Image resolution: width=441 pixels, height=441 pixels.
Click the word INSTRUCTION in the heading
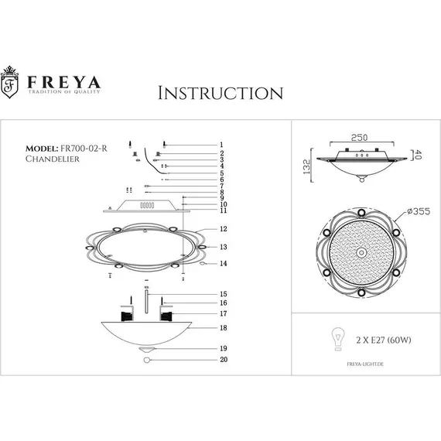point(220,94)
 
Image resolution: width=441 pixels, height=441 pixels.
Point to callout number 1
point(221,145)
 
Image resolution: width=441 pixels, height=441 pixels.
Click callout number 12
point(223,230)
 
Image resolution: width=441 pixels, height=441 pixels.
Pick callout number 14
point(223,264)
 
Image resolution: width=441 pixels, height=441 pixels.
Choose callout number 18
point(223,328)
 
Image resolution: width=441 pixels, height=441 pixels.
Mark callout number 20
point(223,360)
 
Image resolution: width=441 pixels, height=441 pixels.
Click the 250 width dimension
point(357,137)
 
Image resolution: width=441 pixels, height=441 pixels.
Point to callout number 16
point(223,304)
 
